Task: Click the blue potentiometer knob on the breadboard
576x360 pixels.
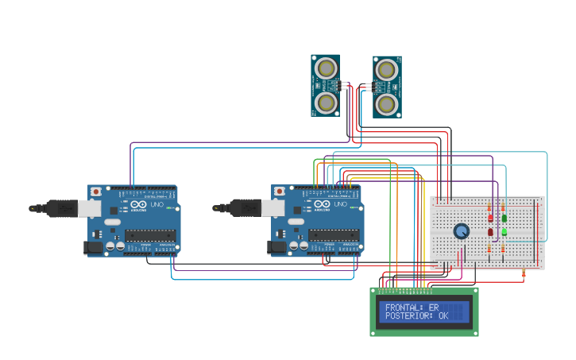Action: pyautogui.click(x=462, y=230)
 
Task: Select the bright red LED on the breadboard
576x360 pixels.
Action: pyautogui.click(x=490, y=217)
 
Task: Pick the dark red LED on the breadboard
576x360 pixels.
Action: pyautogui.click(x=490, y=232)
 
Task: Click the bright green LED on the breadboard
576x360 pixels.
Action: pyautogui.click(x=504, y=232)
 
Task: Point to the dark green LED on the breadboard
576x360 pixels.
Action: pyautogui.click(x=504, y=217)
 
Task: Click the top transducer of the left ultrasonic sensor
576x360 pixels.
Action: pyautogui.click(x=326, y=69)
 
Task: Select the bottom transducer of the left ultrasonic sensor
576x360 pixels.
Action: pyautogui.click(x=326, y=103)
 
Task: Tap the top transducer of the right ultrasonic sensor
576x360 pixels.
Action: pyautogui.click(x=387, y=70)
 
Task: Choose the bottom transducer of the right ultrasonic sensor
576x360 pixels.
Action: pyautogui.click(x=387, y=103)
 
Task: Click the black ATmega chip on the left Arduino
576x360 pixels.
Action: pyautogui.click(x=149, y=234)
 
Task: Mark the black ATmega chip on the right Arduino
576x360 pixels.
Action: pyautogui.click(x=333, y=234)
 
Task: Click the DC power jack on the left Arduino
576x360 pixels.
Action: pyautogui.click(x=93, y=247)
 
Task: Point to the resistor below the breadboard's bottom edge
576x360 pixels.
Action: pyautogui.click(x=524, y=275)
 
